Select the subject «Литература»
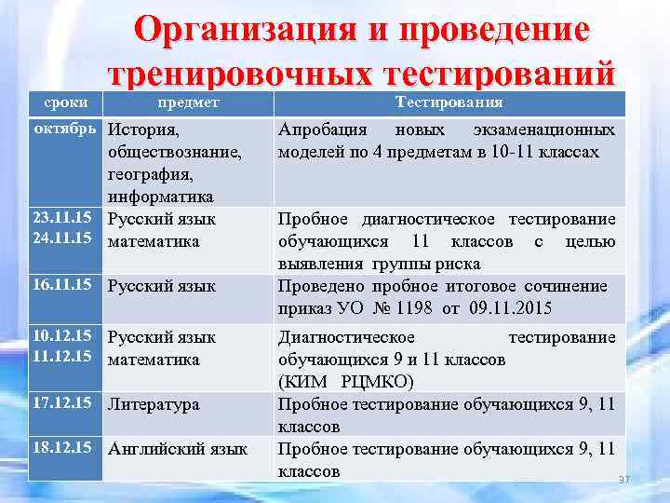pos(154,404)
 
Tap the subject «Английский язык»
pos(178,449)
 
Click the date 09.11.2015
pos(527,308)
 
